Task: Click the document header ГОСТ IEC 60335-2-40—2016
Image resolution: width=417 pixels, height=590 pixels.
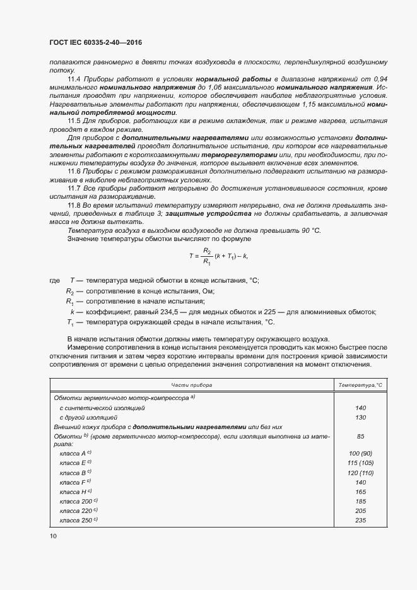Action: (95, 42)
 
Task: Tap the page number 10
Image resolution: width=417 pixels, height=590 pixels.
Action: (53, 536)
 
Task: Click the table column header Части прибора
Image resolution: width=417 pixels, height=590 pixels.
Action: (192, 384)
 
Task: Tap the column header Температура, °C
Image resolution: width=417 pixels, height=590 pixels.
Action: (361, 384)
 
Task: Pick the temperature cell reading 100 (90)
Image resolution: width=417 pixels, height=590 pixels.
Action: (361, 454)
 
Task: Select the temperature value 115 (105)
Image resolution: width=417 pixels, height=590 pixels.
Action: (361, 463)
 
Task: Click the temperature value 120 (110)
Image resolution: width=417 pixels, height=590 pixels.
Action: (361, 473)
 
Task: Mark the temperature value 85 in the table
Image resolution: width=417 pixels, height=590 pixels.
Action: (361, 436)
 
